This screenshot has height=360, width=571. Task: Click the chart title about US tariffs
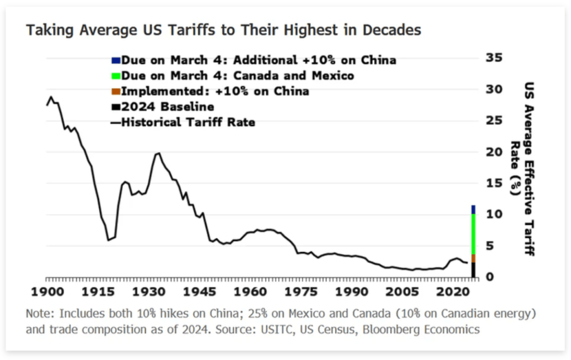coord(223,30)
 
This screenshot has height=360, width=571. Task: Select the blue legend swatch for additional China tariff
coord(116,60)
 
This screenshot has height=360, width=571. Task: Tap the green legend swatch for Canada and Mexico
coord(116,75)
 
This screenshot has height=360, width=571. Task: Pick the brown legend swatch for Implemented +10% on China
coord(116,91)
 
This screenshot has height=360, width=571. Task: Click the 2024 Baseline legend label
coord(167,107)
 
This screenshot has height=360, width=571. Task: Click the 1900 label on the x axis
coord(47,292)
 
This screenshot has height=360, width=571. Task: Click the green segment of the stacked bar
coord(473,234)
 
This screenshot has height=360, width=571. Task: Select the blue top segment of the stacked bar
coord(473,209)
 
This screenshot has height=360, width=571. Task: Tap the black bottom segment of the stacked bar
coord(473,270)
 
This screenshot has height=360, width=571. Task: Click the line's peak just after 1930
coord(159,153)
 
